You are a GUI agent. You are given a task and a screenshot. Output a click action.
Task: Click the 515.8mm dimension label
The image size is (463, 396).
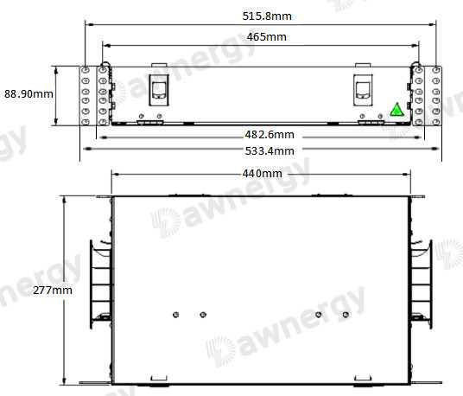click(267, 16)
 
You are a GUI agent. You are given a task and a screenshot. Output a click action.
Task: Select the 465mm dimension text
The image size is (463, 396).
click(267, 37)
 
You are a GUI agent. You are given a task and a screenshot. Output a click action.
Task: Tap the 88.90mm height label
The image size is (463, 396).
click(29, 94)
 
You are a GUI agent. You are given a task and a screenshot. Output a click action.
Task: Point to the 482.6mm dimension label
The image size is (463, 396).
click(270, 135)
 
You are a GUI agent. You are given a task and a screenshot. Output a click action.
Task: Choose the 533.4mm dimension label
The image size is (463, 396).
click(270, 151)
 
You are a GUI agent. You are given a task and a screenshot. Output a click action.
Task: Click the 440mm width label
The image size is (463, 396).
click(263, 174)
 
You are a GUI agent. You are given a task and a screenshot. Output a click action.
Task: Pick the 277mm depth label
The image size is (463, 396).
click(53, 291)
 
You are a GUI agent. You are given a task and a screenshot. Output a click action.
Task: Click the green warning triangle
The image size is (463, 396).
click(396, 109)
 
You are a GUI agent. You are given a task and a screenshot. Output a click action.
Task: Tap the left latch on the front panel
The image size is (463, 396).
click(159, 90)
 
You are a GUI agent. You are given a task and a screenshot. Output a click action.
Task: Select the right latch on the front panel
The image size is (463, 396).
click(363, 90)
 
